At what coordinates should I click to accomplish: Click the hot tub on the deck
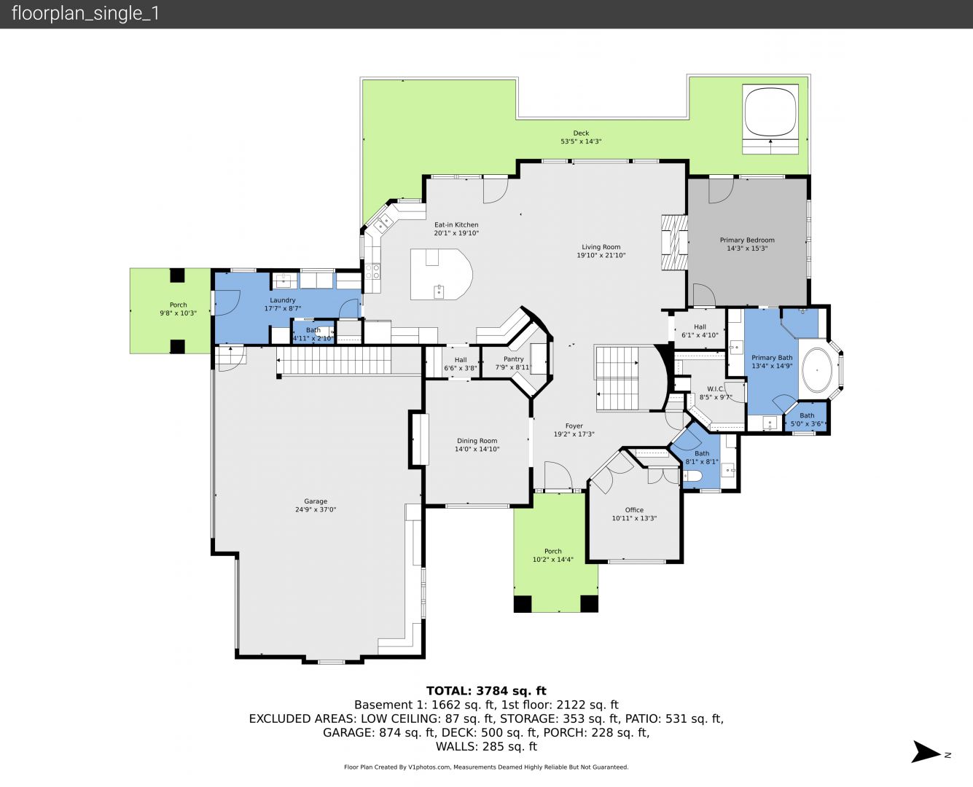coord(770,112)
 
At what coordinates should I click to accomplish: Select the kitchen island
coord(441,274)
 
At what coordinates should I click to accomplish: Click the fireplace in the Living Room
coord(674,243)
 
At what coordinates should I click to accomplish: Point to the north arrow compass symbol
coord(926,752)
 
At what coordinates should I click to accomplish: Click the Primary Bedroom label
coord(747,240)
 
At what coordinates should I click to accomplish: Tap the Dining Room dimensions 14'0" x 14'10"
coord(477,449)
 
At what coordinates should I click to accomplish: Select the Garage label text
coord(316,501)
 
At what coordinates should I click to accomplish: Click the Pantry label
coord(513,359)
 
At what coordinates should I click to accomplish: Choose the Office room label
coord(634,510)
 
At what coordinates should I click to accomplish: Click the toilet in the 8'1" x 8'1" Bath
coord(692,476)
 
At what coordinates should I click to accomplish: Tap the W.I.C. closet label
coord(716,388)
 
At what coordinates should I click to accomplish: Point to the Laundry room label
coord(282,300)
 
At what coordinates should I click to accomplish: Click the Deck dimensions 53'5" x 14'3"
coord(581,141)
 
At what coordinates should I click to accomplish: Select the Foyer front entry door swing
coord(558,475)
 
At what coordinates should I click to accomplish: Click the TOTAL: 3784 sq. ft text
coord(486,691)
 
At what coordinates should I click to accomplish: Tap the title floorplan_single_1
coord(85,14)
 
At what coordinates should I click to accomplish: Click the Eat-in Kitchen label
coord(456,224)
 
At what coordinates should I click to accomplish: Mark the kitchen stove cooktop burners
coord(372,271)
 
